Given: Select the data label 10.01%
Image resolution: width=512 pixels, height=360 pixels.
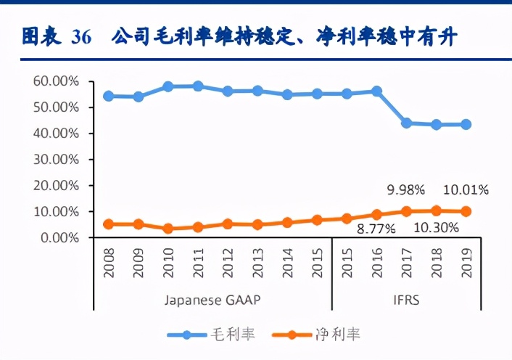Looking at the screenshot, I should pyautogui.click(x=465, y=190).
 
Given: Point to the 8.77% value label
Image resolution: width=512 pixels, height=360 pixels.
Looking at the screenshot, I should pyautogui.click(x=376, y=229).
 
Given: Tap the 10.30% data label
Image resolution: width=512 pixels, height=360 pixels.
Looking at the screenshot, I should pyautogui.click(x=437, y=228).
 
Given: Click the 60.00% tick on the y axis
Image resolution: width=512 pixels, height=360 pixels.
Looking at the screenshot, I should pyautogui.click(x=55, y=81).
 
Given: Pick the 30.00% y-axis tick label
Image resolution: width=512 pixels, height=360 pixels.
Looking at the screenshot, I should pyautogui.click(x=55, y=160).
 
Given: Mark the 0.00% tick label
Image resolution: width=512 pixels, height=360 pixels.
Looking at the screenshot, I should pyautogui.click(x=58, y=238).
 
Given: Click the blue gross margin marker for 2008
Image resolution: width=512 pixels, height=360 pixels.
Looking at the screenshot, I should pyautogui.click(x=108, y=96).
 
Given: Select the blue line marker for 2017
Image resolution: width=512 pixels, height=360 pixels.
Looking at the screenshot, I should pyautogui.click(x=406, y=123).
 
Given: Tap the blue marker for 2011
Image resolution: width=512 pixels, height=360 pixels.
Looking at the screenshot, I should pyautogui.click(x=197, y=86).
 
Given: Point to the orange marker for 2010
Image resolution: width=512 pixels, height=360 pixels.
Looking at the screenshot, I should pyautogui.click(x=168, y=229).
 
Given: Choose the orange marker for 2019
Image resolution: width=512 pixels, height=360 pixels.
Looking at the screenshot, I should pyautogui.click(x=466, y=211).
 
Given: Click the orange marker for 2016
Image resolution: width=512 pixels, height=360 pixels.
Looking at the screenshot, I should pyautogui.click(x=376, y=215).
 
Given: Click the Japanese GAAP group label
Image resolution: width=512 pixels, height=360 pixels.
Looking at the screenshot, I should pyautogui.click(x=212, y=299).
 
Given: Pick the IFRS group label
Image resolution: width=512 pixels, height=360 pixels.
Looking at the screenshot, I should pyautogui.click(x=407, y=299).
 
